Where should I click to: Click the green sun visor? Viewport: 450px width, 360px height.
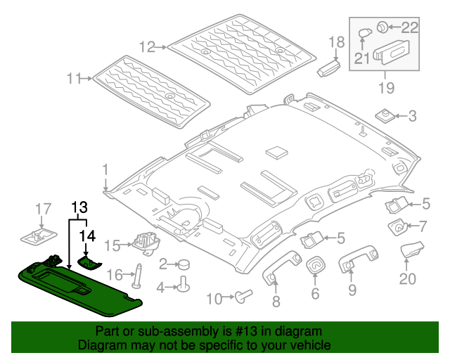(77, 285)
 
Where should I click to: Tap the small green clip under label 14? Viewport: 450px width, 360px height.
(89, 262)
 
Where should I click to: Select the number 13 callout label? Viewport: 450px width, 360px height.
(79, 207)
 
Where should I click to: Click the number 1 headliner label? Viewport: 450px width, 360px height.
(105, 169)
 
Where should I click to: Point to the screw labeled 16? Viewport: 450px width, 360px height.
(136, 275)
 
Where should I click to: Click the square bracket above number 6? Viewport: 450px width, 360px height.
(315, 265)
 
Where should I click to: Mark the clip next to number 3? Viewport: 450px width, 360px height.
(384, 115)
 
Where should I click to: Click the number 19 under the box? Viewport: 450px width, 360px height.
(386, 89)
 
